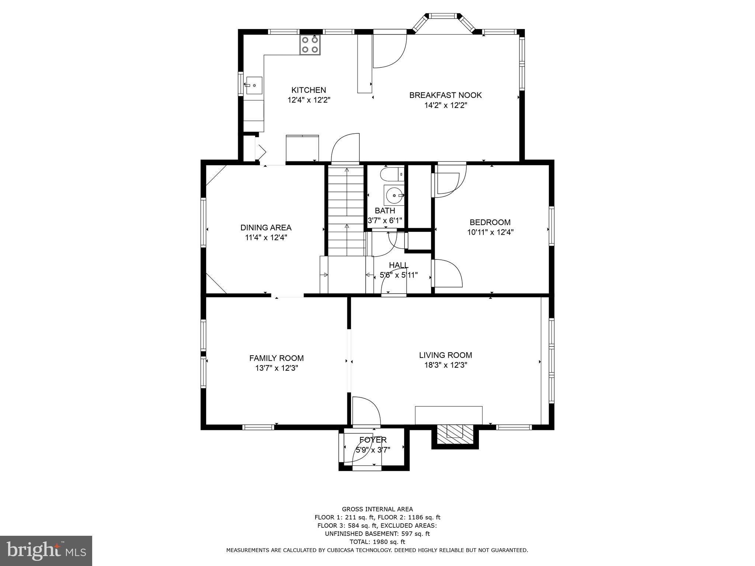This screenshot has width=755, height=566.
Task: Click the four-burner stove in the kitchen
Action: point(310,45)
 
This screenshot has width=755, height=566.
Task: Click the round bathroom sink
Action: point(394,195)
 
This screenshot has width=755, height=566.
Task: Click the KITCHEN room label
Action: point(309,90)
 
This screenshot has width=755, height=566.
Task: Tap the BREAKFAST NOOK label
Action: point(445,95)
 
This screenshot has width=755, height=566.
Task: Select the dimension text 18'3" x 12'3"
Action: point(445,365)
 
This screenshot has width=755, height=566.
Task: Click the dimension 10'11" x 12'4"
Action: point(490,232)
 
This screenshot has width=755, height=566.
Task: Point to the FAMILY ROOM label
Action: point(276,358)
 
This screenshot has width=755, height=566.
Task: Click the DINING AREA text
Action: point(266,228)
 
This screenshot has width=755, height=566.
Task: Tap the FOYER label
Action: point(373,440)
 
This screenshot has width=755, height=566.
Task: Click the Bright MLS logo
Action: point(46,551)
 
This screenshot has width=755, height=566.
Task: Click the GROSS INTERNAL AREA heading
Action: point(377,509)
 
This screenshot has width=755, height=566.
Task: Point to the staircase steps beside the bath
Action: point(346,210)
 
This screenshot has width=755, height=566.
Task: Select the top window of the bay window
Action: point(442,16)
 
